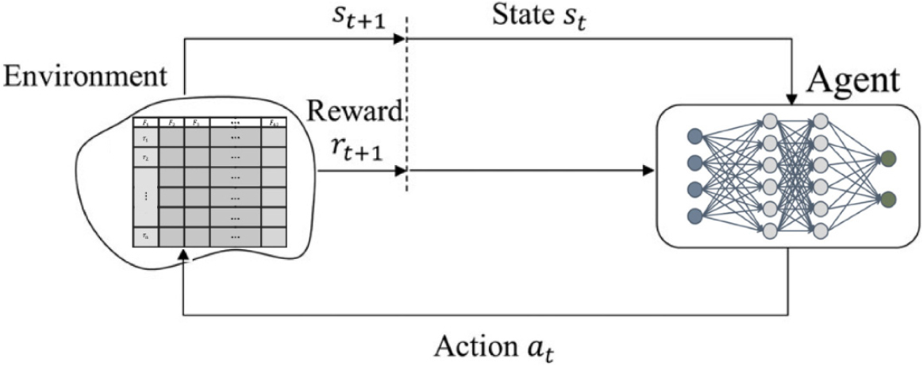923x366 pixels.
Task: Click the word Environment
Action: click(x=86, y=78)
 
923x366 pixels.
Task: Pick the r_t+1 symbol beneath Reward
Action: click(x=356, y=147)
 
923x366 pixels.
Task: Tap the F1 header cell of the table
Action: click(x=145, y=122)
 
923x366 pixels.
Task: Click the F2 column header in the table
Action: click(x=171, y=122)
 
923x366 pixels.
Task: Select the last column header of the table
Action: click(x=273, y=122)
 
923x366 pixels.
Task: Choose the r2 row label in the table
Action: click(x=145, y=157)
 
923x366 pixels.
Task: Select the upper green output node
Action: click(x=888, y=158)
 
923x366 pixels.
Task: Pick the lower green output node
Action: click(x=888, y=197)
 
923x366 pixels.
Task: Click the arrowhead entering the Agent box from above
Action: click(x=792, y=98)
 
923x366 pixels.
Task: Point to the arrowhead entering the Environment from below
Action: click(x=184, y=254)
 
